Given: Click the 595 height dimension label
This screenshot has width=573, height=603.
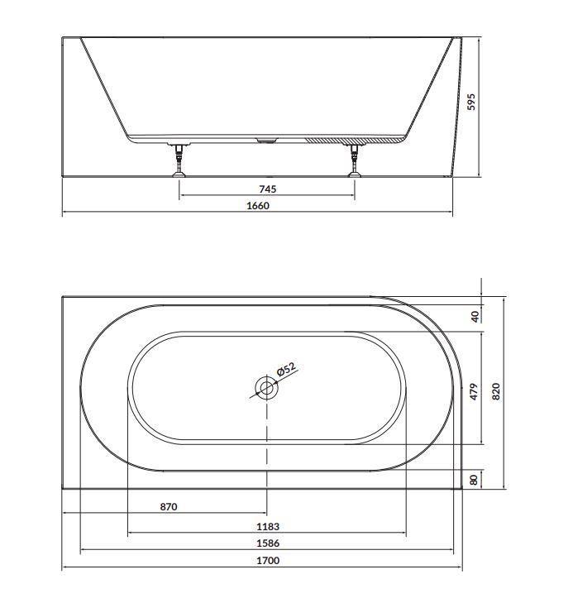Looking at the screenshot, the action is [x=471, y=102].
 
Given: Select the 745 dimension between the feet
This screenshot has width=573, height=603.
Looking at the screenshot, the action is [x=267, y=189].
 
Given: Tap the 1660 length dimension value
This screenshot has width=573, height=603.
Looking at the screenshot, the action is [x=258, y=206].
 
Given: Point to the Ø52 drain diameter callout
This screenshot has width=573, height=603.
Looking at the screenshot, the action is [x=287, y=370].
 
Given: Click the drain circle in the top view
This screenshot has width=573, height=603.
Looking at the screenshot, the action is [x=266, y=388].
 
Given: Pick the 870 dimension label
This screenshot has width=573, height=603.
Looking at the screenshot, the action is [x=169, y=507].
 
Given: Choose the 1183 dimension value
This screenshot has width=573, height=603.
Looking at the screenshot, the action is [x=268, y=526].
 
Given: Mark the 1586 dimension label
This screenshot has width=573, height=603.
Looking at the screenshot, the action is [x=268, y=543].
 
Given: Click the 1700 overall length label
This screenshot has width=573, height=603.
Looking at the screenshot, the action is [x=268, y=561].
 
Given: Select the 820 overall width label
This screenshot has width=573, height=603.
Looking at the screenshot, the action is [x=496, y=391].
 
